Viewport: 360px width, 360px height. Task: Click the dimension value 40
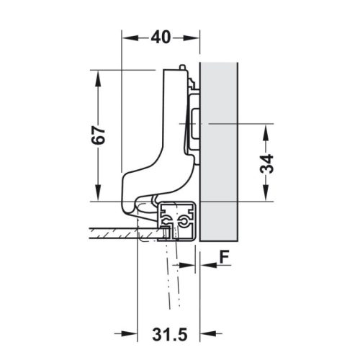161,37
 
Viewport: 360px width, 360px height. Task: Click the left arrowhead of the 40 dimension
127,37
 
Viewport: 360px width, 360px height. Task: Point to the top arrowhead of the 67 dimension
94,74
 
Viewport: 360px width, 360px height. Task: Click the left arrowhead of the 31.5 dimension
142,333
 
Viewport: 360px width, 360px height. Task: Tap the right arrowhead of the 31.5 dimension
194,333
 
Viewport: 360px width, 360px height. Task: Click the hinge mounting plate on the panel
194,122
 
